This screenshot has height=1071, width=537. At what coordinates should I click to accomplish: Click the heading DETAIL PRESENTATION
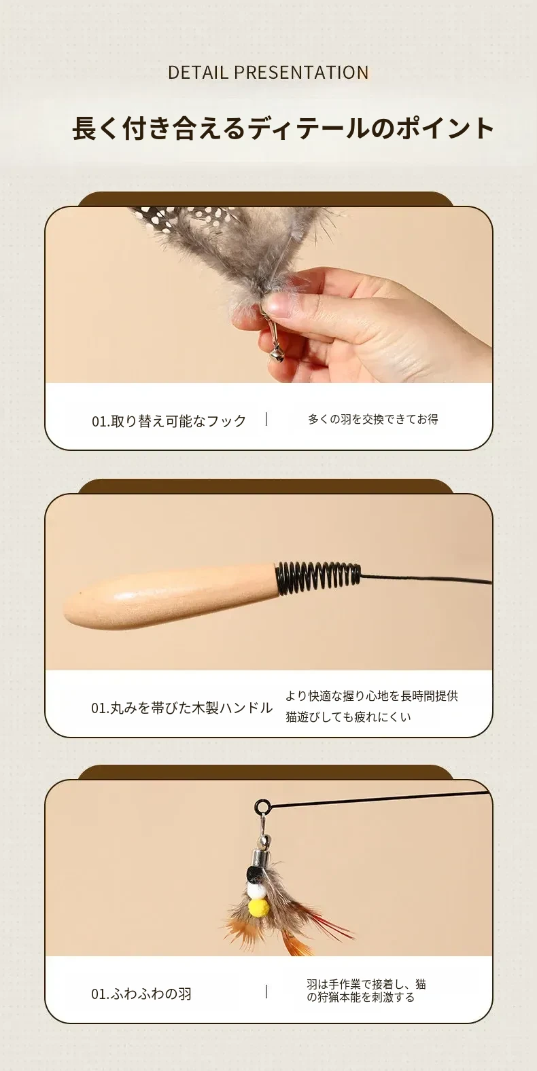coord(268,72)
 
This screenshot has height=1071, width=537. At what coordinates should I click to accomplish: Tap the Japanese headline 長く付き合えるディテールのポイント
coord(283,128)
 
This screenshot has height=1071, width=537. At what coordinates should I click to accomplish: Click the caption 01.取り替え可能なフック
coord(169,421)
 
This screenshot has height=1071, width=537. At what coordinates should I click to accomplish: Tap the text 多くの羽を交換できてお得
coord(373,419)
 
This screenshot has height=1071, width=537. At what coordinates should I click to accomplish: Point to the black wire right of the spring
coord(426,580)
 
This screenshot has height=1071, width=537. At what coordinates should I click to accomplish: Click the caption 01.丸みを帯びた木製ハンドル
coord(182,708)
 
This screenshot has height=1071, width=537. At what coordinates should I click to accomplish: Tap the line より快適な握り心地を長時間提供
coord(372,695)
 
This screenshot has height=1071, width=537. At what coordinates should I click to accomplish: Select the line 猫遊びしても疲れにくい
coord(349,717)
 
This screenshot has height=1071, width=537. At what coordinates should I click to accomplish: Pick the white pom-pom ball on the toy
coord(256,890)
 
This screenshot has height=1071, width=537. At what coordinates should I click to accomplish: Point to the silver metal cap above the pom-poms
coord(264,855)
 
